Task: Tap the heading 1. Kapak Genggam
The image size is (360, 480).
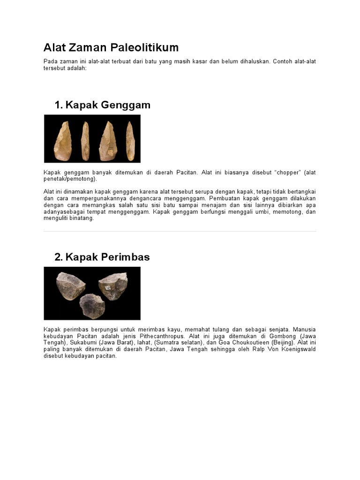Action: [102, 105]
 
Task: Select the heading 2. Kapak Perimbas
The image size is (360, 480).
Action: [102, 257]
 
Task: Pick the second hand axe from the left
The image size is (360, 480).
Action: [85, 140]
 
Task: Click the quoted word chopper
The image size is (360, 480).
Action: [287, 172]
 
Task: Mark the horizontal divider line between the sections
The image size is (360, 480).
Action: [180, 231]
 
